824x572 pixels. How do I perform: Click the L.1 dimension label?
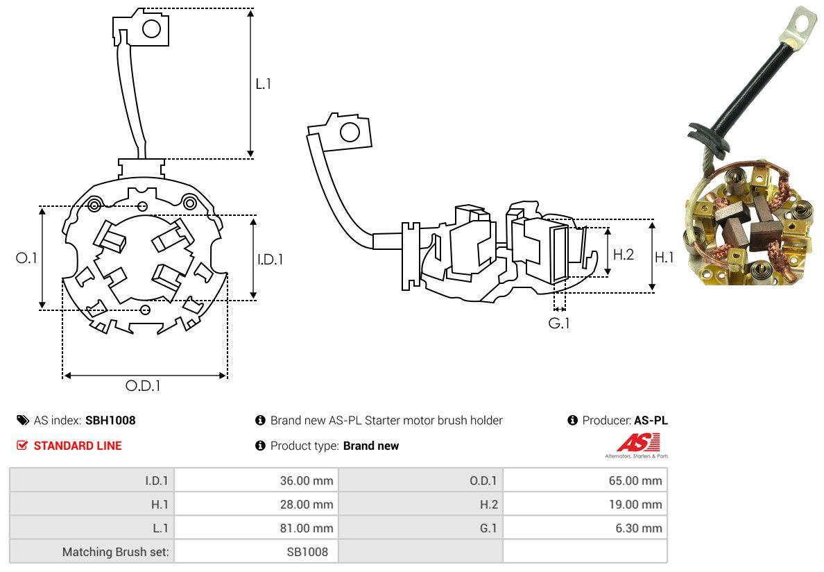(264, 83)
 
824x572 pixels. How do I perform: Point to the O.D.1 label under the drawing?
(143, 386)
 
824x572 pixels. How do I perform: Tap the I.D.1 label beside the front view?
(271, 259)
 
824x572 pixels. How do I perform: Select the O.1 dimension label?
(26, 258)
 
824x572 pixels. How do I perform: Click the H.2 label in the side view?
(624, 254)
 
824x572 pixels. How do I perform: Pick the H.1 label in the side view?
(664, 258)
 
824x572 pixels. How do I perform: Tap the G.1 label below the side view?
(559, 323)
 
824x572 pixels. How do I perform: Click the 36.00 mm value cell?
(305, 480)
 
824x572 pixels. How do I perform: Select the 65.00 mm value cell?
(635, 480)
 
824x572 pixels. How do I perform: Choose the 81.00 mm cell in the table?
(305, 528)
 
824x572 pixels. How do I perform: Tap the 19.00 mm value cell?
(635, 505)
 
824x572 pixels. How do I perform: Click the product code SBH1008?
(110, 420)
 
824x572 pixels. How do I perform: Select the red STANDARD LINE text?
(78, 446)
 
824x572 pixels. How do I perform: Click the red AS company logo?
(638, 443)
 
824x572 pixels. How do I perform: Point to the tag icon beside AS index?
(23, 420)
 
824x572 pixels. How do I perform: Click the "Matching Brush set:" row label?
(117, 552)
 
